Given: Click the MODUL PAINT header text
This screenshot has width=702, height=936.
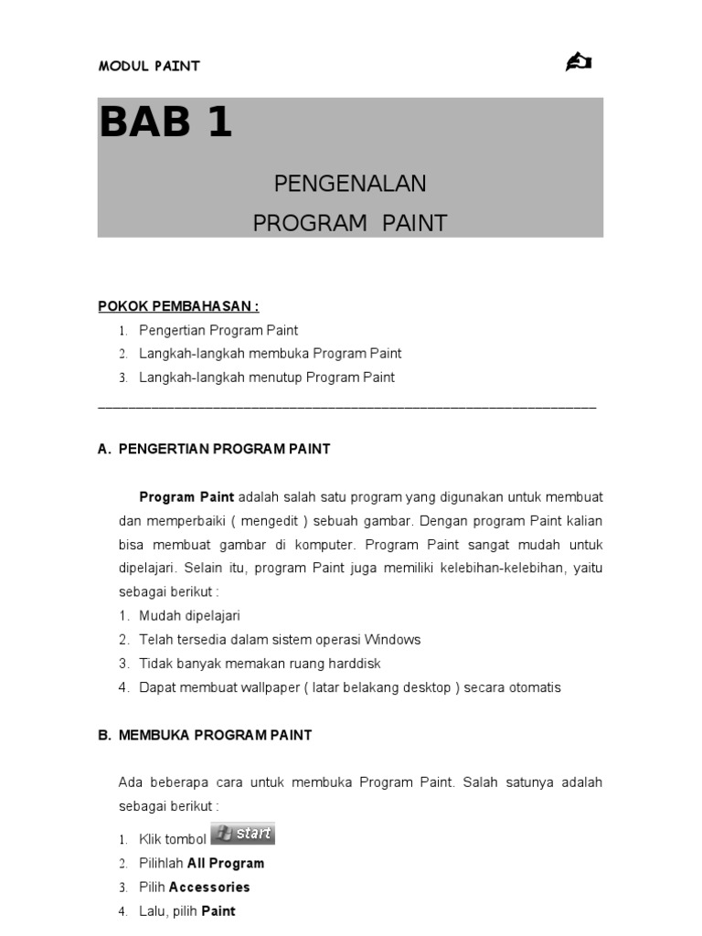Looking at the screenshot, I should [149, 66].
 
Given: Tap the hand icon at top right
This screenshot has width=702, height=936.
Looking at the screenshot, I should [579, 62].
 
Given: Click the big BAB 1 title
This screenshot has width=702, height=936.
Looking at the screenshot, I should [165, 123].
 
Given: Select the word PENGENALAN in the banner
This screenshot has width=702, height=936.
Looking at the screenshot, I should [350, 184].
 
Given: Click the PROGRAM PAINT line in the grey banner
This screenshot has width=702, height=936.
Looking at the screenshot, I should [350, 224].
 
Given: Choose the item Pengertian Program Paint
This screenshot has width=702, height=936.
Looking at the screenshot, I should [218, 330].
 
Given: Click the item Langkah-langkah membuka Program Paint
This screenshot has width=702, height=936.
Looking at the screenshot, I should [271, 354].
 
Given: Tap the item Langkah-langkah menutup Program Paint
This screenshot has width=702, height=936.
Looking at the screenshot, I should [267, 378].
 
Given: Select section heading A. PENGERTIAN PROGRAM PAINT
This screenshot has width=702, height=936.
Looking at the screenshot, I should [214, 449].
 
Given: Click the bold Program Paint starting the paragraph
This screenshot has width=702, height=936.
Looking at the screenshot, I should [186, 497].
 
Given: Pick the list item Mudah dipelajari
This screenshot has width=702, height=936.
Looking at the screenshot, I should [189, 616].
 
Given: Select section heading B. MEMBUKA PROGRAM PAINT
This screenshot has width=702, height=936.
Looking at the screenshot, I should [205, 735].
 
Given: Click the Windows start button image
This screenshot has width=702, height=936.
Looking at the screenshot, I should [242, 835].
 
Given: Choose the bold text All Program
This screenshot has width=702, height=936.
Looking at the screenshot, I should [226, 864].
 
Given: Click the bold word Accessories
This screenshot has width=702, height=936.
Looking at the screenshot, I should [209, 888].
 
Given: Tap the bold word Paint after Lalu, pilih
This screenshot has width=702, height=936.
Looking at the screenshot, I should [218, 911].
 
